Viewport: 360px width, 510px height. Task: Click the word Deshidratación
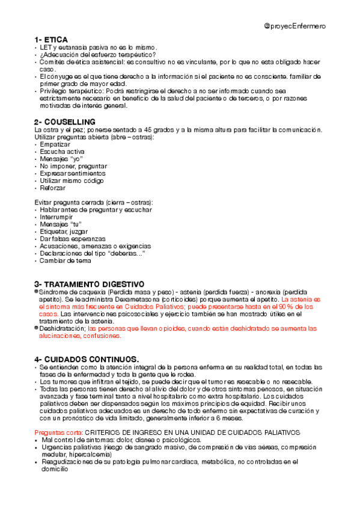(x=63, y=328)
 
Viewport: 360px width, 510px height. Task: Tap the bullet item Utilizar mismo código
(x=72, y=180)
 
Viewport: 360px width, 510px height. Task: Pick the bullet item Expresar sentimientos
(x=72, y=173)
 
